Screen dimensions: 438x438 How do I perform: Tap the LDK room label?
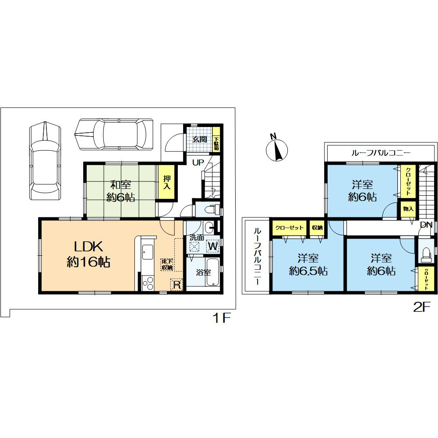[88, 254]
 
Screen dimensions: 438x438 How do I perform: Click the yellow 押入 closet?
[166, 182]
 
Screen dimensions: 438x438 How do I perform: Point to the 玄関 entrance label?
[200, 139]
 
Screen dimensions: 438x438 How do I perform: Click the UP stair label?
[198, 162]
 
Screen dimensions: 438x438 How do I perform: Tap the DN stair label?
[426, 225]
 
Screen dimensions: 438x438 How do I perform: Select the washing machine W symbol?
[213, 246]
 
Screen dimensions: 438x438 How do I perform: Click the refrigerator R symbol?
[177, 285]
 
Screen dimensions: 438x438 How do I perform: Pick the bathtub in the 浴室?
[213, 272]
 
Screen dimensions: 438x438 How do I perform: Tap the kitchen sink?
[147, 252]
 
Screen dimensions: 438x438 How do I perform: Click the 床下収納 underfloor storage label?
[167, 264]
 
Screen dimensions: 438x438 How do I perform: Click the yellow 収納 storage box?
[317, 228]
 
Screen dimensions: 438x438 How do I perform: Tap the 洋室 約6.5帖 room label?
[308, 265]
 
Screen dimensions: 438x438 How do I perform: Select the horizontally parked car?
[114, 134]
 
